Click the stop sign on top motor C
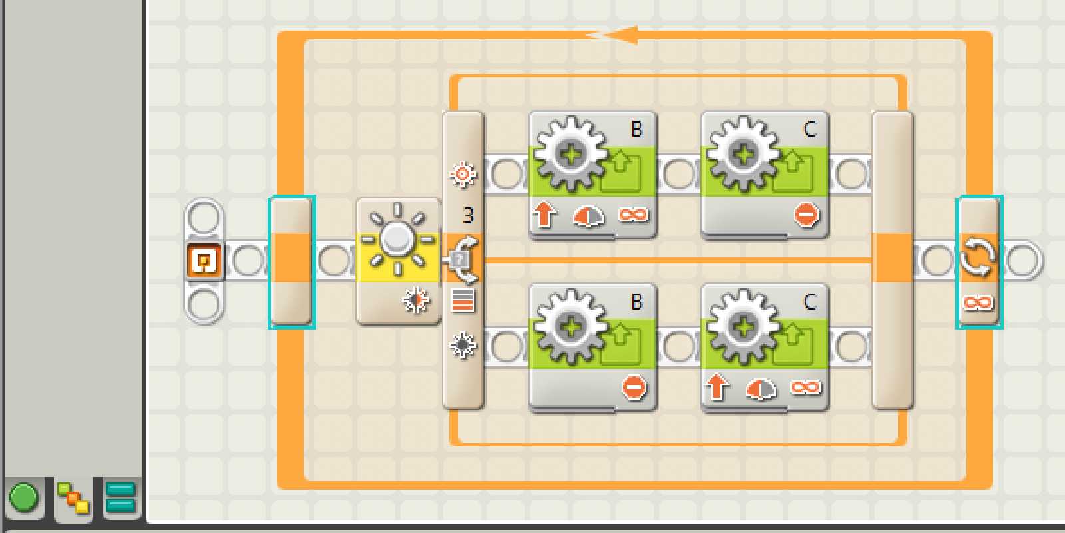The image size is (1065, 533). (806, 215)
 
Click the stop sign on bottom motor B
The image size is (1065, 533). (634, 388)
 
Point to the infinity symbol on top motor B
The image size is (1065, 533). (633, 215)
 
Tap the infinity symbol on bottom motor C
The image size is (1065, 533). (805, 387)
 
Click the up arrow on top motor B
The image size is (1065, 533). (544, 215)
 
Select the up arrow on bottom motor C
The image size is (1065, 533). (716, 387)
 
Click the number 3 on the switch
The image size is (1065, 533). (468, 215)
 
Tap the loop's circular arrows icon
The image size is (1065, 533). (978, 257)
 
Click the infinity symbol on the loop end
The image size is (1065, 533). (978, 303)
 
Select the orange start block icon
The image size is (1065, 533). (204, 260)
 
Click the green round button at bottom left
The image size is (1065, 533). (24, 498)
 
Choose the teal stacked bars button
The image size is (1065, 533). (120, 498)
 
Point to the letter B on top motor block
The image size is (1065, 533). (637, 129)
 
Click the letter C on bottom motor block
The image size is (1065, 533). (810, 302)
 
